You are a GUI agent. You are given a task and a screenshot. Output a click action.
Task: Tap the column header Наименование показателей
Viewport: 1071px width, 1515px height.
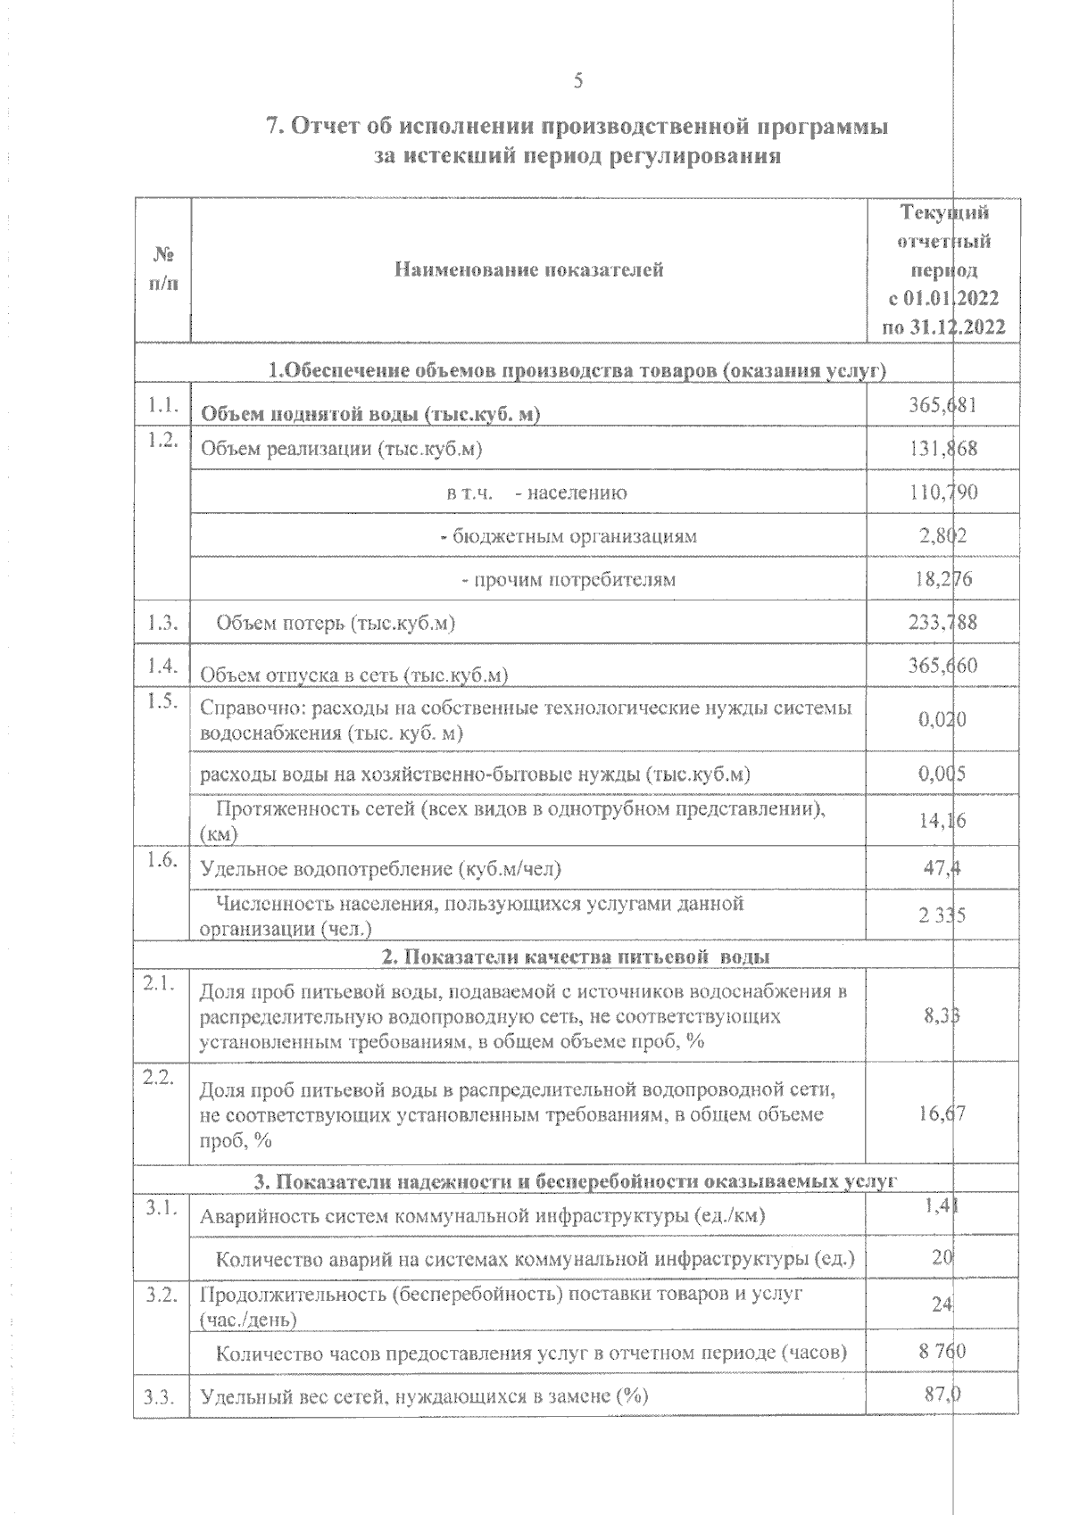[x=528, y=269]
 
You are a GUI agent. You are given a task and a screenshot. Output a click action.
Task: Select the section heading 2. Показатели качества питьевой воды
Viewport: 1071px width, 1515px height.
[x=577, y=956]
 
